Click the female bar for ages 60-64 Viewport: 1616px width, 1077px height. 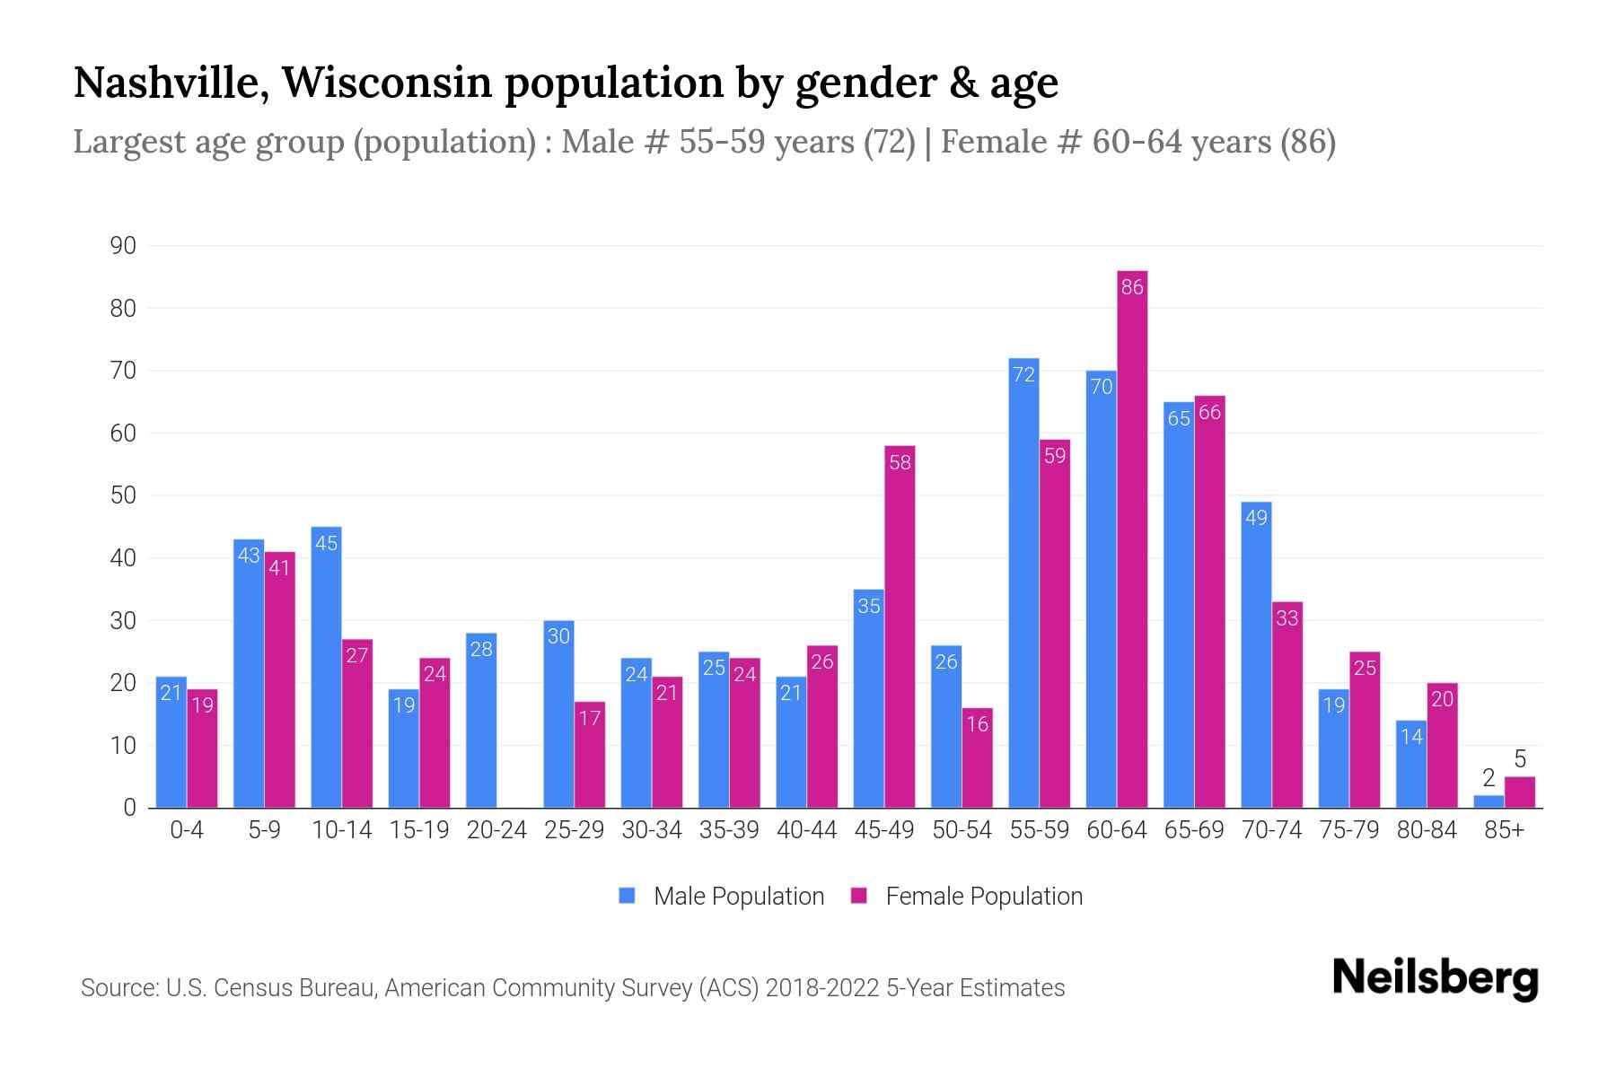(x=1132, y=538)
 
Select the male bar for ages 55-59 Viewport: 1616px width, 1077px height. (x=1023, y=583)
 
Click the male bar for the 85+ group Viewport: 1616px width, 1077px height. (x=1489, y=801)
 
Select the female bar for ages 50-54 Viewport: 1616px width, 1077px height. (x=977, y=757)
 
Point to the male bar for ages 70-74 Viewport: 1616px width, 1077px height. (x=1256, y=655)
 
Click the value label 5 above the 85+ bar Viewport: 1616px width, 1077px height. (x=1520, y=759)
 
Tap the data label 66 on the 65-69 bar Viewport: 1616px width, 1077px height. (x=1209, y=413)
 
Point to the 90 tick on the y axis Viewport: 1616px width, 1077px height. (x=123, y=246)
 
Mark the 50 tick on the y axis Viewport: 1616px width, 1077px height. (x=123, y=495)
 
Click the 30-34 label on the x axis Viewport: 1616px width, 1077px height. (x=652, y=830)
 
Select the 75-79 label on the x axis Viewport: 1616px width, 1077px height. (x=1349, y=830)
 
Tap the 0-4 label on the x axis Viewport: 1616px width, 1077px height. (x=187, y=830)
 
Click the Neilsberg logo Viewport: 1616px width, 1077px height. (x=1435, y=978)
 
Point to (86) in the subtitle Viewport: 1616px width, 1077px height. (x=1308, y=142)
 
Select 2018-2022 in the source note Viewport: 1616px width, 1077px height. (x=822, y=988)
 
